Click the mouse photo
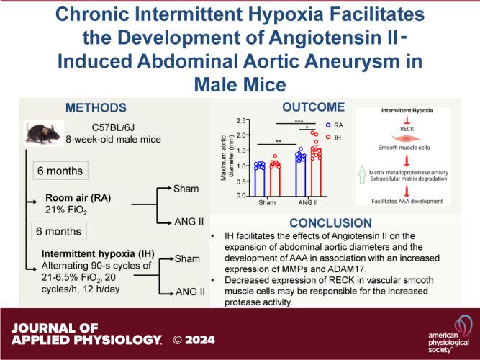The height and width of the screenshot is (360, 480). pos(44,132)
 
